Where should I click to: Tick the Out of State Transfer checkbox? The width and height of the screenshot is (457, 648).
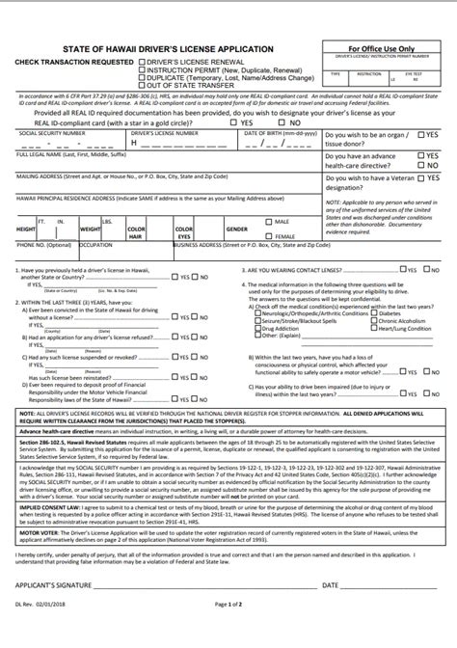[140, 84]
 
